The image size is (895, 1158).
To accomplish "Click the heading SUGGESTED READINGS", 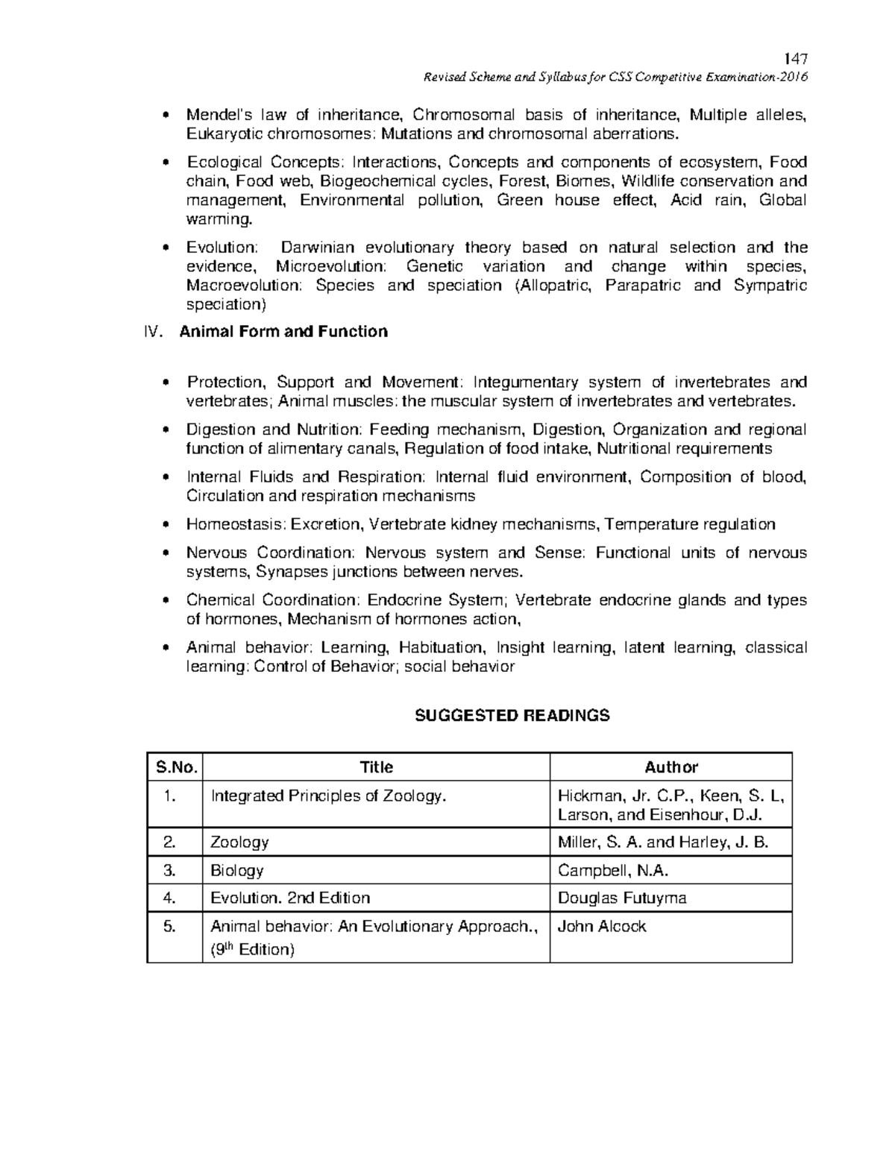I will (x=512, y=716).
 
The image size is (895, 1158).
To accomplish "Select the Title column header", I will (x=376, y=767).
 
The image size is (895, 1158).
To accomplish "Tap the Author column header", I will (x=671, y=767).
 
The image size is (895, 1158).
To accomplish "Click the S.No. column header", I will (x=175, y=767).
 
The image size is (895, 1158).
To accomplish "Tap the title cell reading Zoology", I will (x=239, y=843).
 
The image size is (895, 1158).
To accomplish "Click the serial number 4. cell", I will (x=171, y=898).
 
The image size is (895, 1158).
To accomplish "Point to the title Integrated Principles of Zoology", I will (x=328, y=796).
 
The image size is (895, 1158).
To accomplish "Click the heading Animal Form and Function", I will (x=283, y=332).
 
